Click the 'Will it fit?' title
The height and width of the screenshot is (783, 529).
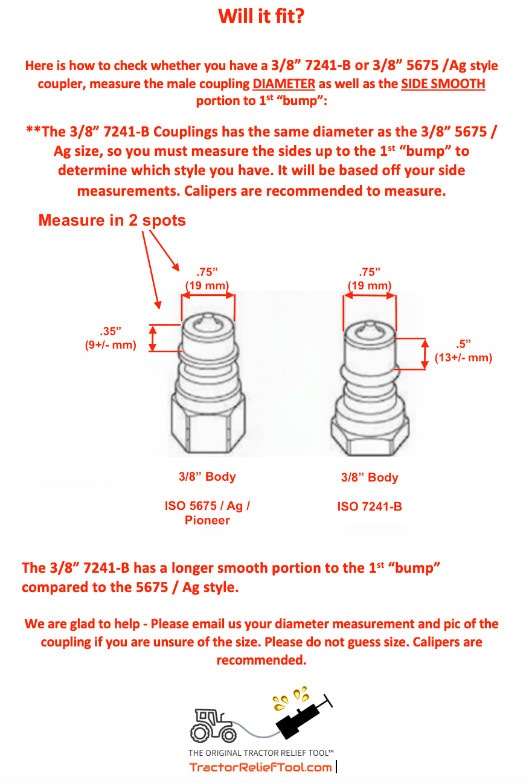(261, 16)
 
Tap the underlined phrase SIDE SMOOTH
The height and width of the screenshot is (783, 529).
(443, 83)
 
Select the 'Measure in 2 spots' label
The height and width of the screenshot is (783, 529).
(112, 221)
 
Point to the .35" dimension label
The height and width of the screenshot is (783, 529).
(111, 331)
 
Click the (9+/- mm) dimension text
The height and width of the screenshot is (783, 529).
(111, 346)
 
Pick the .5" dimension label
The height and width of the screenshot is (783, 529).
(463, 344)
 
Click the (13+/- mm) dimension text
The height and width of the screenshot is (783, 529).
(463, 358)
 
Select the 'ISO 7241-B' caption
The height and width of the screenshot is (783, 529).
(369, 507)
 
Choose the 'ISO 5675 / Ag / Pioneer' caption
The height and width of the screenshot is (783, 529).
(207, 513)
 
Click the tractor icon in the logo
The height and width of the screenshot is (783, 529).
(213, 725)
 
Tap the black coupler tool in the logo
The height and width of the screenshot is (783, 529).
(302, 716)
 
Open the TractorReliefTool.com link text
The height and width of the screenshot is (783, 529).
(260, 767)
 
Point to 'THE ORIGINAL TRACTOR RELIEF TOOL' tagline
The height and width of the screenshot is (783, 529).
(261, 753)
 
